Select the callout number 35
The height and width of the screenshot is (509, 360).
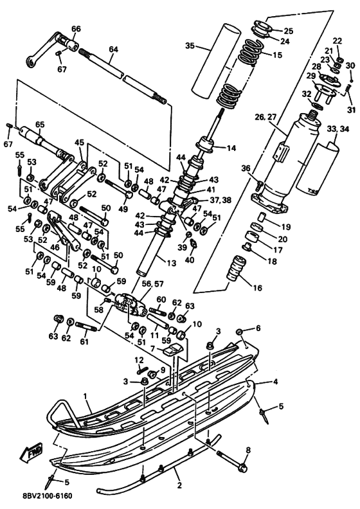[190, 46]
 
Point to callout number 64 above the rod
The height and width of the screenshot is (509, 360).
[113, 49]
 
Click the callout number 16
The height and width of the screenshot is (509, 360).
[257, 288]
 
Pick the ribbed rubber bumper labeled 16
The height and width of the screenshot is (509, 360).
[236, 268]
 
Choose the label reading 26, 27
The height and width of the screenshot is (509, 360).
[265, 117]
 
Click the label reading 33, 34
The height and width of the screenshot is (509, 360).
[338, 129]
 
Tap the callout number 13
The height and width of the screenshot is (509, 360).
[171, 262]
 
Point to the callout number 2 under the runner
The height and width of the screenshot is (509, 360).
[179, 485]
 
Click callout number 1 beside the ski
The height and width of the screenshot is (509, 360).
[85, 396]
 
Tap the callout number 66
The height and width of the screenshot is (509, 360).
[76, 28]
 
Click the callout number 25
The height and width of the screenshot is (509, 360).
[288, 31]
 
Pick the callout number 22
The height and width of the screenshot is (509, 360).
[337, 40]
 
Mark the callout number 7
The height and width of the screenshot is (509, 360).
[152, 348]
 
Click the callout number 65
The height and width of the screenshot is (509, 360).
[40, 125]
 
